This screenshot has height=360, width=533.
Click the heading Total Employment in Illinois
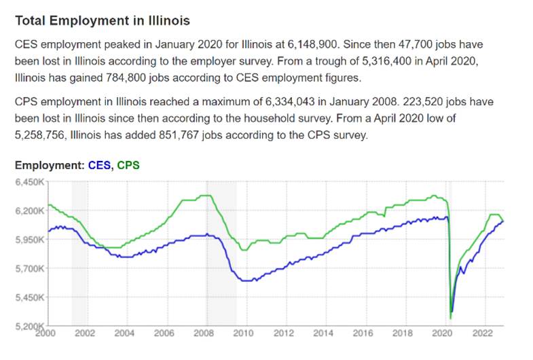(103, 21)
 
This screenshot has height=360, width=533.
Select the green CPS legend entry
(128, 165)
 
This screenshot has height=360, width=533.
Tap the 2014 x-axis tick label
(323, 334)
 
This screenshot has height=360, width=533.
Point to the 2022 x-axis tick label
(483, 334)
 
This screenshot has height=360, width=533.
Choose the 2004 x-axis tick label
(124, 334)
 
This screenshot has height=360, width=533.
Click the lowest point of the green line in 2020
(450, 318)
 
